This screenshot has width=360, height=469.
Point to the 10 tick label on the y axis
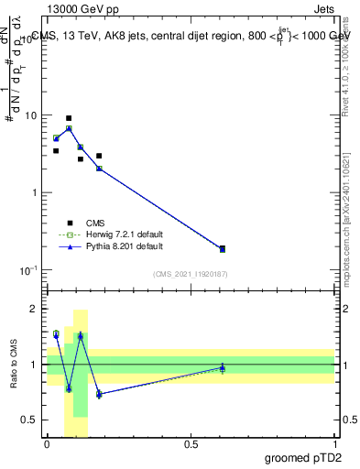(31, 116)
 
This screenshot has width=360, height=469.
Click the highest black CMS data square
(69, 118)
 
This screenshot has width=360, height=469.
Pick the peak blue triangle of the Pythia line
(69, 128)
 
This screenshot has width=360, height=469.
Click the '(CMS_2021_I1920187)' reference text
(190, 274)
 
